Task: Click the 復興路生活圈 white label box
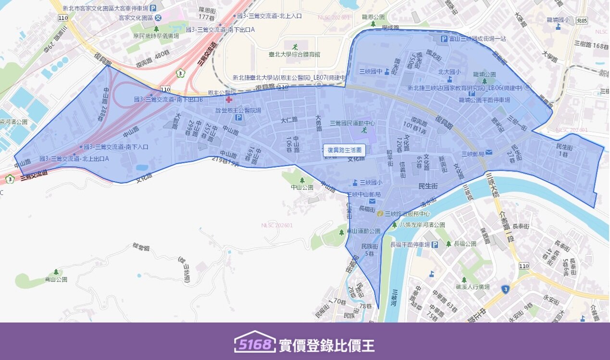click(x=344, y=150)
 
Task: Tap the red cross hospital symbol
click(x=228, y=99)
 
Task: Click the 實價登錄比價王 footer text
click(x=326, y=345)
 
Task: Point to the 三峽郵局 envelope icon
click(x=489, y=153)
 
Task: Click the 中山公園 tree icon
click(x=302, y=180)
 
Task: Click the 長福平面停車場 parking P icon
click(x=435, y=245)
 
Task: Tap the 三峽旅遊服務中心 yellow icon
click(x=380, y=213)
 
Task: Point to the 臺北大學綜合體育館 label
click(x=295, y=54)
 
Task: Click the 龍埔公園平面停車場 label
click(x=484, y=100)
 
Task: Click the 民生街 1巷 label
click(x=563, y=149)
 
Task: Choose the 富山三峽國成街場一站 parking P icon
click(x=444, y=39)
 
